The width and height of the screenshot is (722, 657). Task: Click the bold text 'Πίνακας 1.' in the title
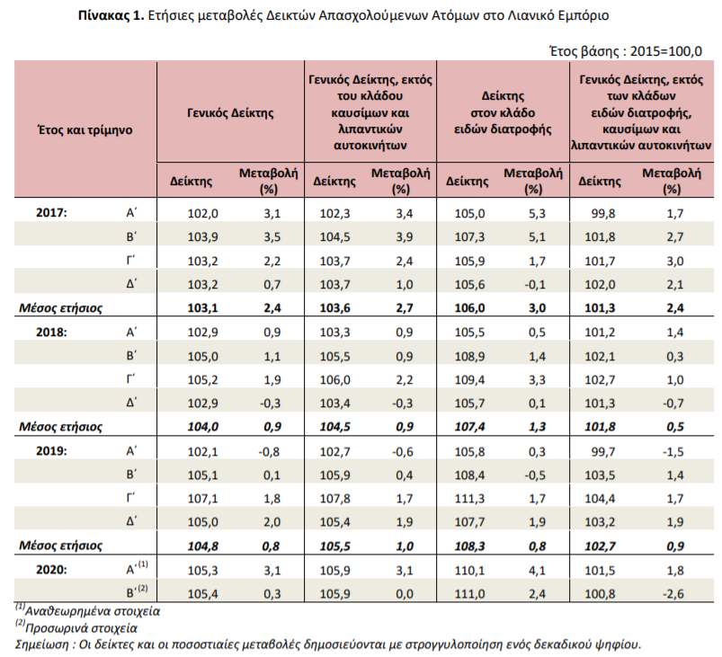(111, 15)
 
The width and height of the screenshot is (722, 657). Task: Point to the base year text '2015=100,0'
(666, 51)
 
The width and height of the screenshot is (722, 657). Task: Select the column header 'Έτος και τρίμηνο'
(85, 129)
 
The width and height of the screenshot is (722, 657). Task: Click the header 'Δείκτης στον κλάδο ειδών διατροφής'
(503, 113)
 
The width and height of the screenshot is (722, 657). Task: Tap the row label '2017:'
(51, 213)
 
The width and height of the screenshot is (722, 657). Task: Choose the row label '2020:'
(51, 570)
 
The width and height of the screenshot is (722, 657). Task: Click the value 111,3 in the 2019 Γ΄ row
(469, 499)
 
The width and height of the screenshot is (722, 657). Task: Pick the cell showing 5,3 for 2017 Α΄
(537, 214)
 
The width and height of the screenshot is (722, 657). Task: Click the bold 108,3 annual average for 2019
(469, 546)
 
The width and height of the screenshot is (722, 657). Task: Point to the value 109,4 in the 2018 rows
(469, 380)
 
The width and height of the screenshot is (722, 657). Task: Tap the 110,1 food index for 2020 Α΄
(469, 571)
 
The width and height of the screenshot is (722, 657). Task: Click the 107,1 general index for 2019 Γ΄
(202, 499)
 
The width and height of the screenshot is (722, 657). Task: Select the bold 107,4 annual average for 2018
(469, 427)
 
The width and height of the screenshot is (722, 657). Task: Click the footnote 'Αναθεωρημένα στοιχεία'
(92, 611)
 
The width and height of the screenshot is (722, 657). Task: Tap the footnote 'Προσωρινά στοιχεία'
(81, 628)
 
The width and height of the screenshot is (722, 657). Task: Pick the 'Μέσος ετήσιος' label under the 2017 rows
(60, 308)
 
